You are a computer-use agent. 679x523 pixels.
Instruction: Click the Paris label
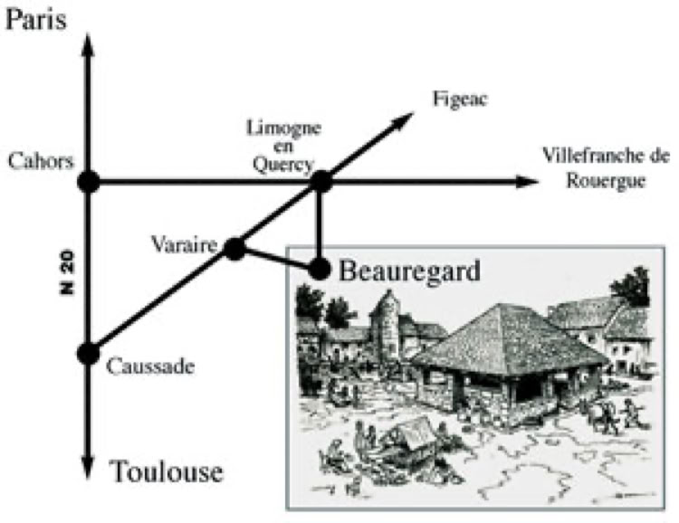click(37, 19)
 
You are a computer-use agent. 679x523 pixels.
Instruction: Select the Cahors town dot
click(88, 182)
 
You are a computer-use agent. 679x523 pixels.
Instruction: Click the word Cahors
click(37, 162)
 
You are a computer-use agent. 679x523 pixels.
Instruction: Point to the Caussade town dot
click(88, 353)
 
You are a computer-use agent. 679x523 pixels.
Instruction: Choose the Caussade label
click(151, 366)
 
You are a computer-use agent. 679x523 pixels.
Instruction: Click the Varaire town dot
click(234, 249)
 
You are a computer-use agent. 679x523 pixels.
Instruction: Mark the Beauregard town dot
click(320, 268)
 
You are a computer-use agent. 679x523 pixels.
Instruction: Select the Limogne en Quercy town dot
click(320, 182)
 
